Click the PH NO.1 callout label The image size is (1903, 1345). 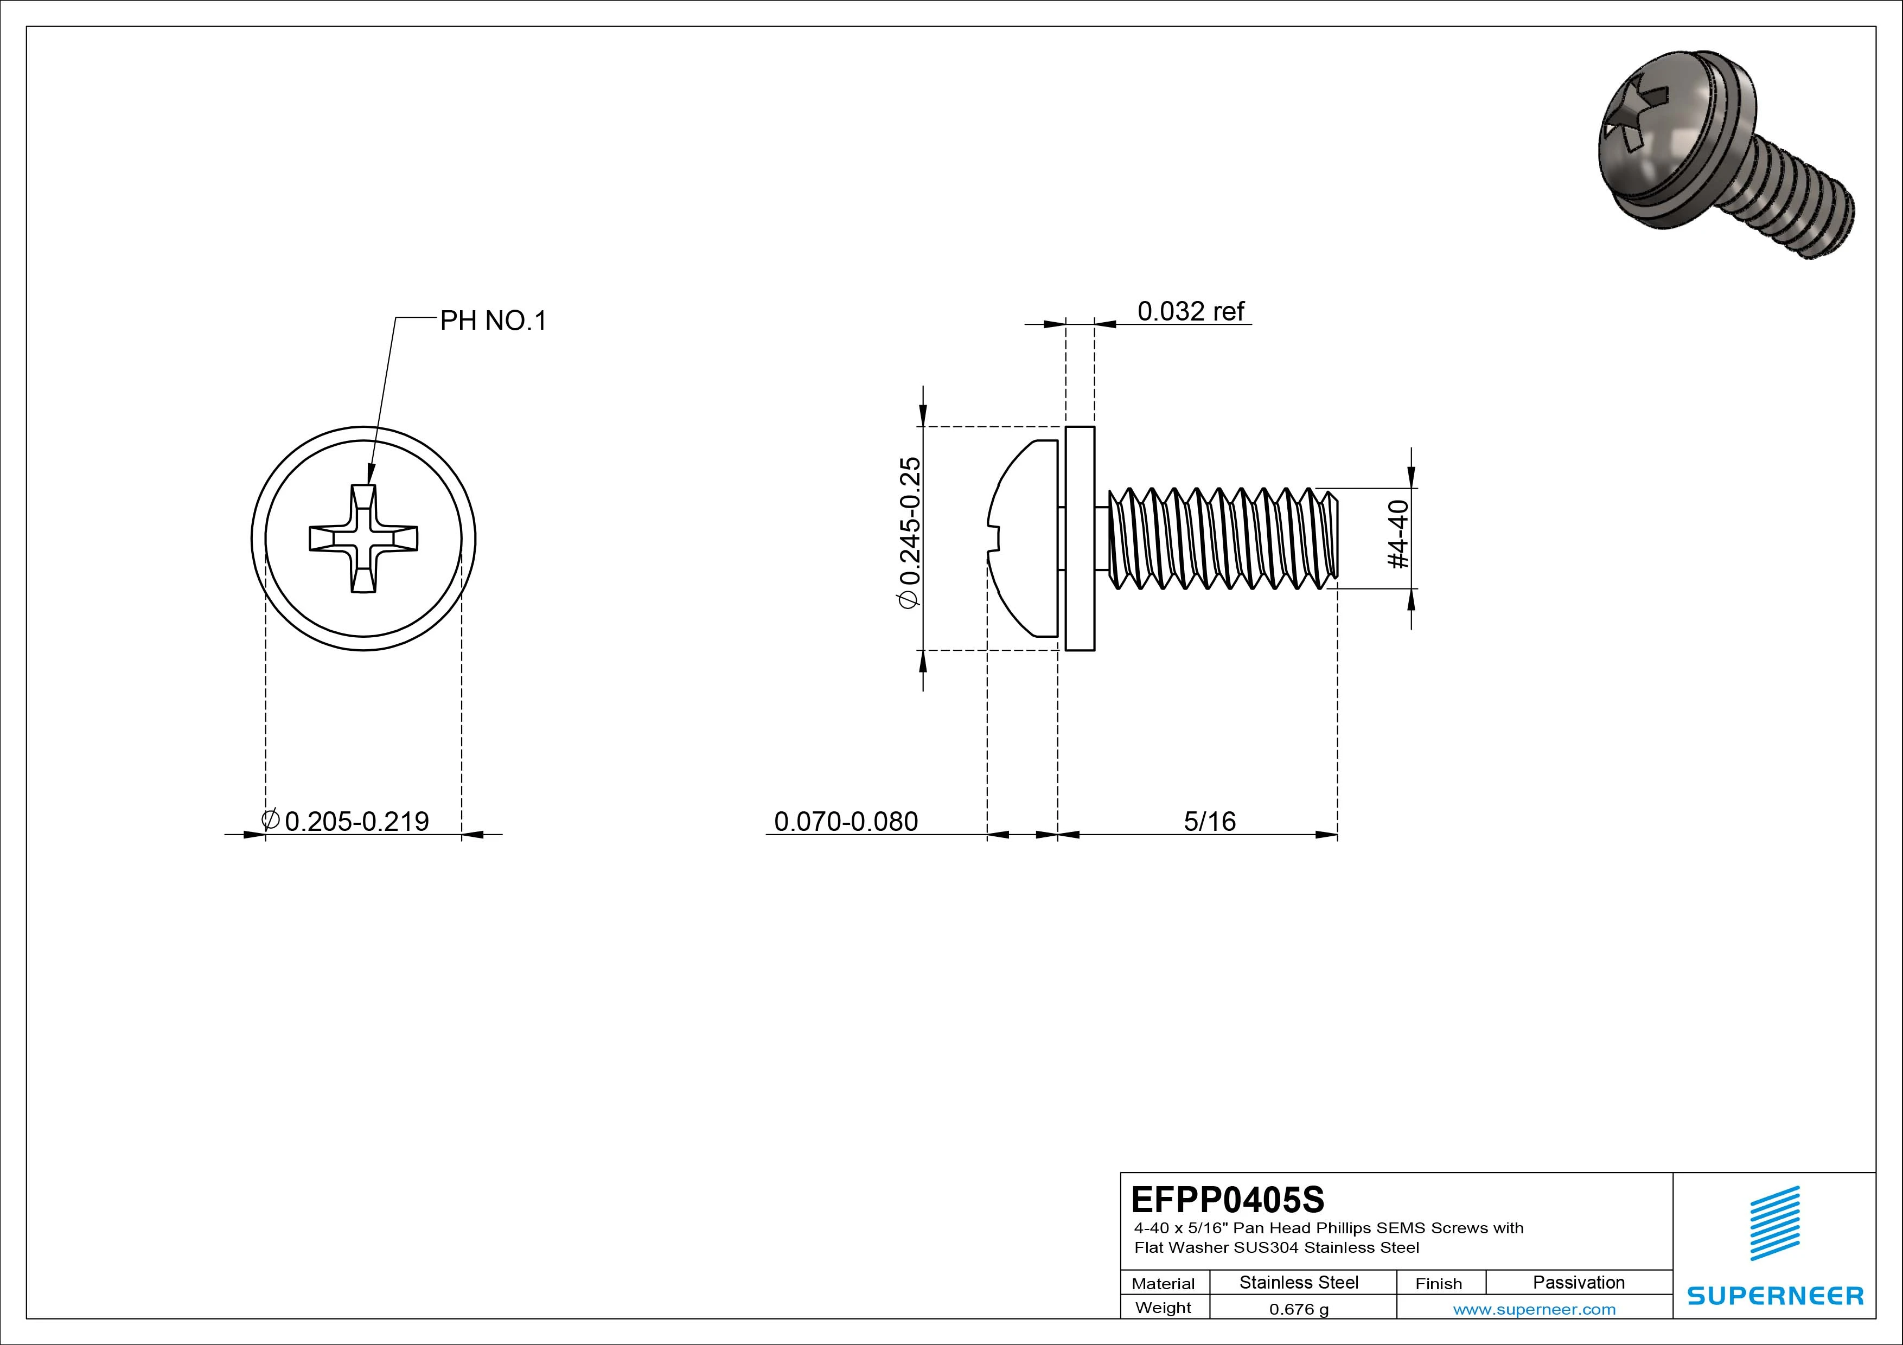[x=493, y=321]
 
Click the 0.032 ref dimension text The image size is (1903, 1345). [x=1190, y=312]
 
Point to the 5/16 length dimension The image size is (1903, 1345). [x=1209, y=821]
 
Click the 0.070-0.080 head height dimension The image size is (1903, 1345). [x=845, y=821]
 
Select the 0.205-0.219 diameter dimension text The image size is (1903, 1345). [x=356, y=821]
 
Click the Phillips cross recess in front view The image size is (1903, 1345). [x=363, y=539]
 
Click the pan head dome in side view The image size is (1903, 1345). [x=1024, y=538]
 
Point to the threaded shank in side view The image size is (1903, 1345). [x=1223, y=538]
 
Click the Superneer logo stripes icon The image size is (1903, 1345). [x=1774, y=1223]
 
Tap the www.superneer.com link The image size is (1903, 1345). [x=1534, y=1309]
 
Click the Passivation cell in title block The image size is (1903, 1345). [x=1578, y=1282]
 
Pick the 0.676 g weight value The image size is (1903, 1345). [x=1299, y=1309]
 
